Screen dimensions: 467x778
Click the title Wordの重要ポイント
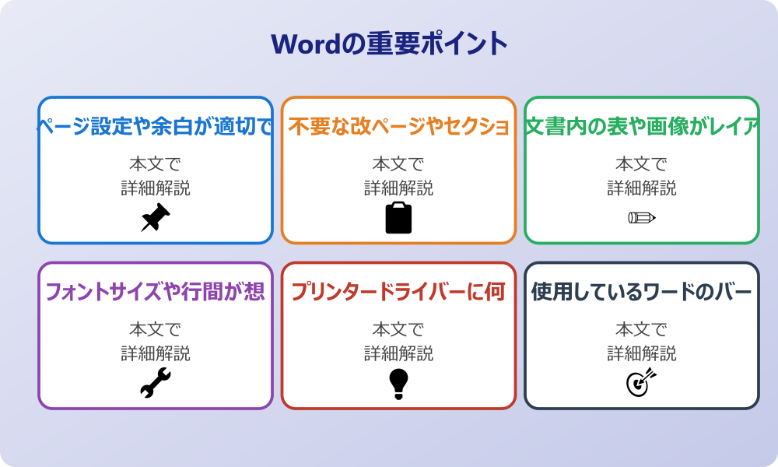point(389,44)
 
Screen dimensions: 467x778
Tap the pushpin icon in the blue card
point(156,218)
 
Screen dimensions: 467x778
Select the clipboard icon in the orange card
point(398,218)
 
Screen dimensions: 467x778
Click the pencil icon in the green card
point(642,217)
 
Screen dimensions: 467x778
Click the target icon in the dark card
point(642,383)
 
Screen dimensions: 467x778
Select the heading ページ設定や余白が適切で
point(156,127)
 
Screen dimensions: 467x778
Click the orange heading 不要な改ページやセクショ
point(398,127)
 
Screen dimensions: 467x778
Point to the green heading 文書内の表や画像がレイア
point(642,127)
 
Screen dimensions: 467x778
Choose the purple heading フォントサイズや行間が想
point(156,293)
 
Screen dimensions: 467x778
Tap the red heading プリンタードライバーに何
point(398,293)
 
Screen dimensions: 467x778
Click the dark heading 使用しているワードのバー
point(642,293)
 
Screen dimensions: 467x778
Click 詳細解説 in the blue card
point(156,188)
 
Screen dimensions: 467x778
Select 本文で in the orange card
point(398,164)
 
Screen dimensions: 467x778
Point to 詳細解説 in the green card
point(642,188)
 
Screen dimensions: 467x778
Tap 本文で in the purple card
point(156,330)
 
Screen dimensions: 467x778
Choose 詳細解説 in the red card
point(398,354)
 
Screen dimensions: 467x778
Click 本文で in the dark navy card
point(642,330)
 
